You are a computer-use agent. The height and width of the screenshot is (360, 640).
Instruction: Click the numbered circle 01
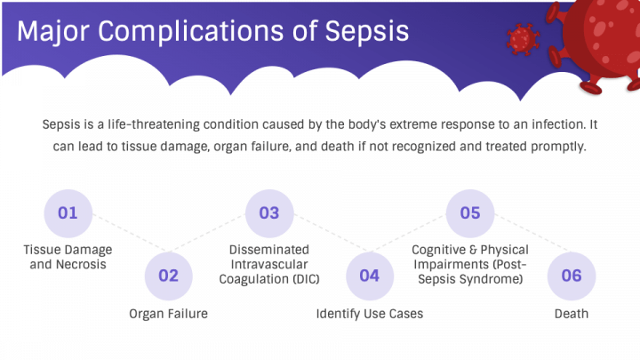pyautogui.click(x=68, y=213)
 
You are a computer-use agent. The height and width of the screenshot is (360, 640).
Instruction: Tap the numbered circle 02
pyautogui.click(x=169, y=276)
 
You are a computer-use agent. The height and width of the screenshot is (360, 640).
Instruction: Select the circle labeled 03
pyautogui.click(x=269, y=213)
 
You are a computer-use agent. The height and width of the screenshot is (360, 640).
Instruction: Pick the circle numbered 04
pyautogui.click(x=370, y=276)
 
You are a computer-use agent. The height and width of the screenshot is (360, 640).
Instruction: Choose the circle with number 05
pyautogui.click(x=470, y=213)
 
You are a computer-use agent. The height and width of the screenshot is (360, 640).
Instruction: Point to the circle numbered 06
pyautogui.click(x=572, y=276)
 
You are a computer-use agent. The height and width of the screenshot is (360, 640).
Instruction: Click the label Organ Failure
pyautogui.click(x=169, y=314)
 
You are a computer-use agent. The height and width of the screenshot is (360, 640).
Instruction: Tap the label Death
pyautogui.click(x=572, y=314)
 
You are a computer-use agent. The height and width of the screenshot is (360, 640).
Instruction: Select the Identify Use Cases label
pyautogui.click(x=370, y=314)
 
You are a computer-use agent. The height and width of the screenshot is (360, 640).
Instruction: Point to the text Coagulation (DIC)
pyautogui.click(x=269, y=279)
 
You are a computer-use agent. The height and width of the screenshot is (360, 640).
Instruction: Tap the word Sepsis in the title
pyautogui.click(x=367, y=32)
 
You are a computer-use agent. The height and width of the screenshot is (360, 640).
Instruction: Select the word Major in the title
pyautogui.click(x=53, y=32)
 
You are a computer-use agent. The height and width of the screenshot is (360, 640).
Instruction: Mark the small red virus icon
pyautogui.click(x=523, y=39)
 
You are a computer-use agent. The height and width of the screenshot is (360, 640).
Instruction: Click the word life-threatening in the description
pyautogui.click(x=154, y=124)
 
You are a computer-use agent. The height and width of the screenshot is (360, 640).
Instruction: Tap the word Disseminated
pyautogui.click(x=269, y=250)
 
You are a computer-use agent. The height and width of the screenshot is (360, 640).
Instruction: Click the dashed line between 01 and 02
pyautogui.click(x=130, y=232)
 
